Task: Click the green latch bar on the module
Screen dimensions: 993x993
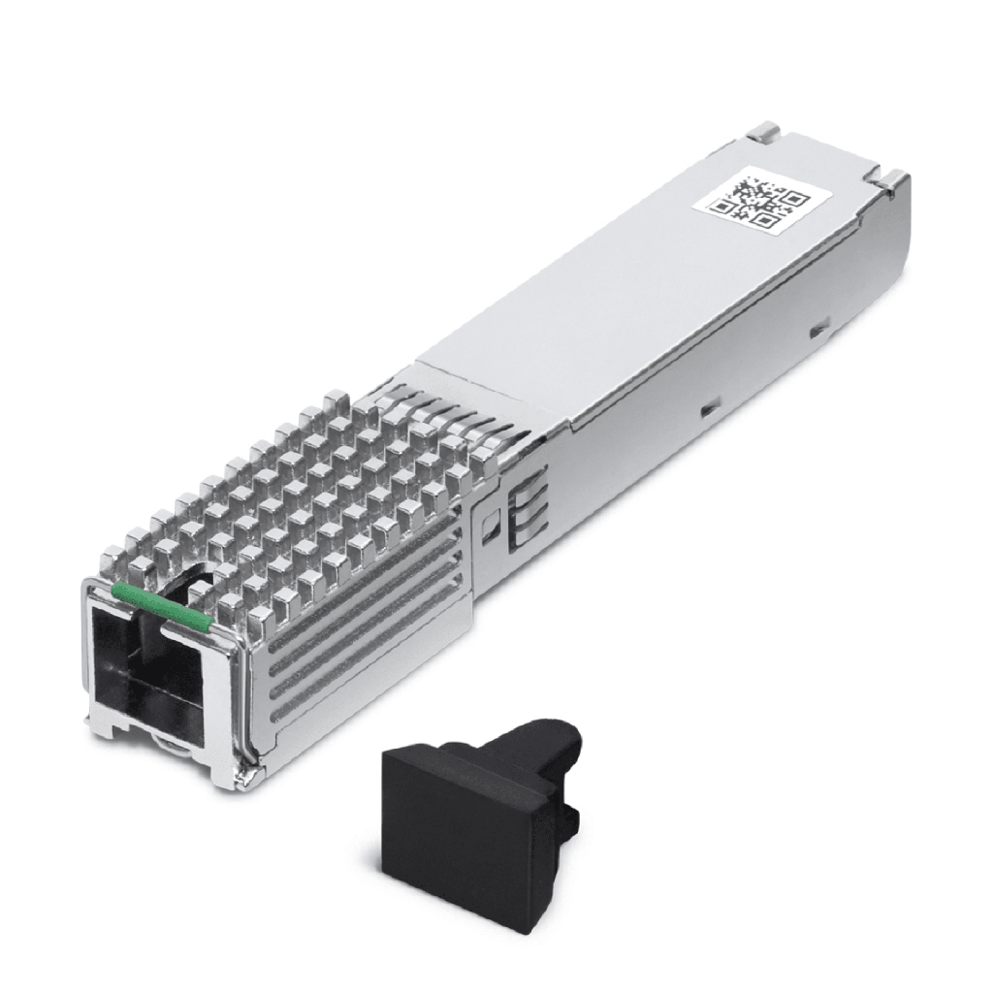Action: point(160,603)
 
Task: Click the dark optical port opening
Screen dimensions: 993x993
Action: point(145,669)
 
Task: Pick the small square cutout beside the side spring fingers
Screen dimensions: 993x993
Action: point(490,523)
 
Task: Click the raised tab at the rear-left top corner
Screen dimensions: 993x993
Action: point(766,130)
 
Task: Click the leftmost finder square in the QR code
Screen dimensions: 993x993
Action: point(723,205)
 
